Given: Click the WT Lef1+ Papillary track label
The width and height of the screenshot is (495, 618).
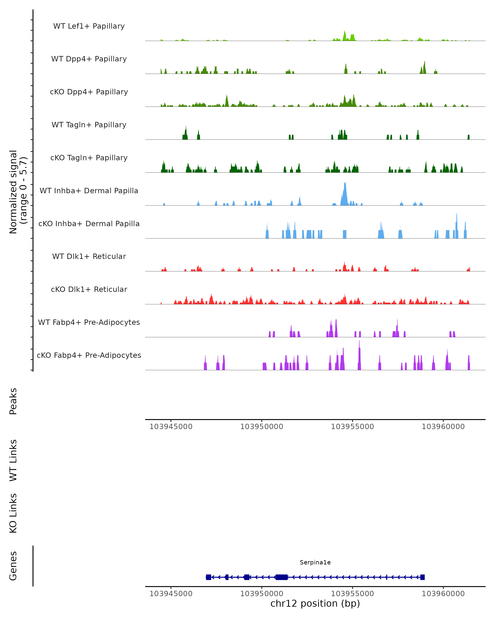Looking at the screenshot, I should [x=89, y=26].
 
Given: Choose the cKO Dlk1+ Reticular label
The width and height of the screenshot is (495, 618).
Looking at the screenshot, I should [x=89, y=289].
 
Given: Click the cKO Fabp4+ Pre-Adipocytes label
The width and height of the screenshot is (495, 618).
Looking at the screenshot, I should [x=89, y=355].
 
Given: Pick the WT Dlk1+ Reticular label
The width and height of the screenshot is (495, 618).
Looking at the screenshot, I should [x=89, y=256].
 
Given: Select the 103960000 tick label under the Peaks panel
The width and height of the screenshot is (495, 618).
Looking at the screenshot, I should [x=443, y=427].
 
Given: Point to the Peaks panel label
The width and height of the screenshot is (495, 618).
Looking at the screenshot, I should [x=13, y=401].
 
